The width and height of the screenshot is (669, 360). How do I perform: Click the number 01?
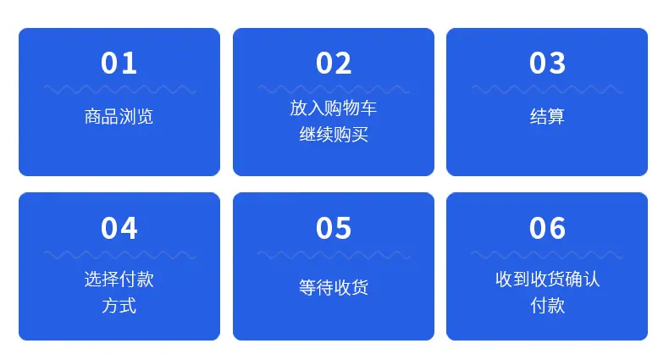click(x=119, y=64)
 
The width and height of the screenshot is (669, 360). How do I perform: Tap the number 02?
click(x=334, y=64)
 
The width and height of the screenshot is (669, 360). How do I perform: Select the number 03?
click(x=547, y=64)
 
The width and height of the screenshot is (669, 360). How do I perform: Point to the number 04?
click(x=119, y=228)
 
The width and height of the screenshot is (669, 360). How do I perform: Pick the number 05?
click(x=334, y=228)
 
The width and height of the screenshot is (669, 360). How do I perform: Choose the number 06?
click(x=547, y=228)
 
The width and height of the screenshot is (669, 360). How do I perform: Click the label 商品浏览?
click(x=119, y=116)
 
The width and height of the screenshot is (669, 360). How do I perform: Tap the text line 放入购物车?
click(x=333, y=108)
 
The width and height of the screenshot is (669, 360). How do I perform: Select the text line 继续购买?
click(x=334, y=135)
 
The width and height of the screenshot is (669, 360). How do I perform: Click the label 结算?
click(x=547, y=116)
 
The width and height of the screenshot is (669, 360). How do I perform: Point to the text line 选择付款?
click(x=119, y=280)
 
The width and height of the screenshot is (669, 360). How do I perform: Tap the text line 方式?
click(x=119, y=306)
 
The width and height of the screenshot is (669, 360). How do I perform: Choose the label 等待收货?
click(x=334, y=287)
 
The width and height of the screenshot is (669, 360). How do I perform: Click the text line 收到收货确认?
click(x=547, y=280)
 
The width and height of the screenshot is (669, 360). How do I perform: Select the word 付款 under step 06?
click(x=547, y=306)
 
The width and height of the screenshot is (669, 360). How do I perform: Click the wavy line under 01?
click(x=120, y=90)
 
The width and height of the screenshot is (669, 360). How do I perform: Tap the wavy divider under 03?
click(x=547, y=90)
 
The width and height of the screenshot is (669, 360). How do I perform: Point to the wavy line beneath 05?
click(x=334, y=255)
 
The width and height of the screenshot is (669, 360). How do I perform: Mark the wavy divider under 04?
click(x=120, y=255)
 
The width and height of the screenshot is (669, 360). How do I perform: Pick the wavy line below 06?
click(x=547, y=255)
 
